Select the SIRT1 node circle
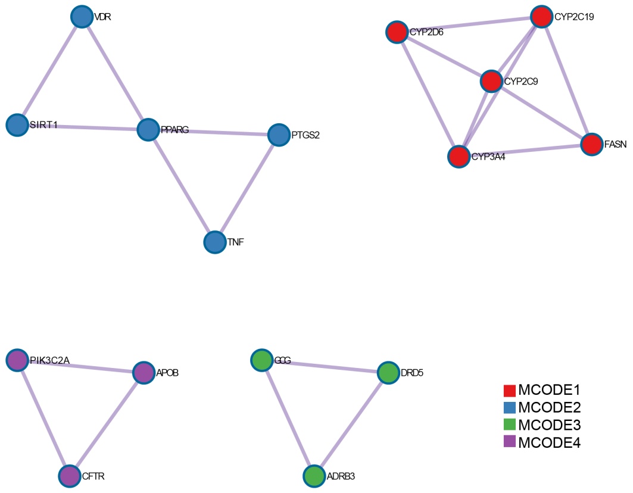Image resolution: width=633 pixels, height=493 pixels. (17, 125)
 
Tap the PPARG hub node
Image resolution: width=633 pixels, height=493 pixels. (148, 129)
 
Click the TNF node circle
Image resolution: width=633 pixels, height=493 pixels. (214, 242)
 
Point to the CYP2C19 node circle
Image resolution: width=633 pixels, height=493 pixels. (541, 17)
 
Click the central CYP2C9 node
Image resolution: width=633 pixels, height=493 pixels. (491, 82)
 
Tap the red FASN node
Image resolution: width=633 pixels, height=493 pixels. (591, 144)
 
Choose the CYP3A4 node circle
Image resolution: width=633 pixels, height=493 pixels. (459, 157)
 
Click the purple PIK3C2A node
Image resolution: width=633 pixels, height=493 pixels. (17, 360)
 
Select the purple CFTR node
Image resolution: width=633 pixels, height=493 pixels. (70, 476)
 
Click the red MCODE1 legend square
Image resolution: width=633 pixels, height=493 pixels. (509, 391)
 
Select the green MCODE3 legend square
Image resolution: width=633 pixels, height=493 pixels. (509, 425)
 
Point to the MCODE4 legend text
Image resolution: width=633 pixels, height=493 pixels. (549, 442)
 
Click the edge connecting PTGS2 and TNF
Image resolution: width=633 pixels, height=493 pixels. (247, 188)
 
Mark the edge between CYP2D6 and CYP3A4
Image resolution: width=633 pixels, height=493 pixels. (428, 94)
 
